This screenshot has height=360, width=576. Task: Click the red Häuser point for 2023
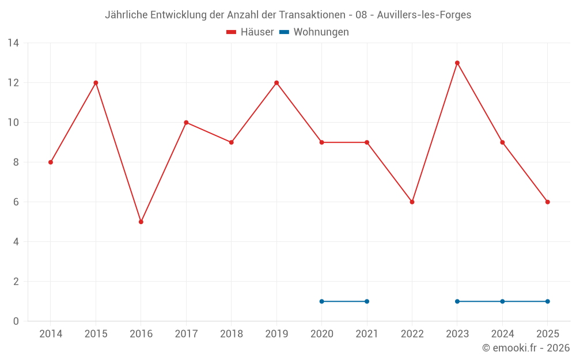pyautogui.click(x=457, y=63)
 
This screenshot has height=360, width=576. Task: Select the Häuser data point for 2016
pyautogui.click(x=141, y=222)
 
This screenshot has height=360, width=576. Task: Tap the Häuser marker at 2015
pyautogui.click(x=96, y=83)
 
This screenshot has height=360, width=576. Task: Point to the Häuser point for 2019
pyautogui.click(x=276, y=83)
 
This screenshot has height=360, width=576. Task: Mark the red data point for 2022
pyautogui.click(x=412, y=202)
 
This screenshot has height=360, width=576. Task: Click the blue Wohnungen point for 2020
pyautogui.click(x=321, y=301)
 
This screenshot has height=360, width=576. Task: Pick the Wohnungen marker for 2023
pyautogui.click(x=457, y=301)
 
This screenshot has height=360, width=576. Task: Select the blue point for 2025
pyautogui.click(x=548, y=301)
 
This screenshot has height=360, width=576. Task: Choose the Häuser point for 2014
pyautogui.click(x=51, y=162)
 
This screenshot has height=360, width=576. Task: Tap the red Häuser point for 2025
pyautogui.click(x=548, y=202)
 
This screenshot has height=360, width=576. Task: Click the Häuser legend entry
pyautogui.click(x=251, y=32)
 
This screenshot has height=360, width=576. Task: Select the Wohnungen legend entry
pyautogui.click(x=314, y=32)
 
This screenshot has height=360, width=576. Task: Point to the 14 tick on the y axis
pyautogui.click(x=13, y=43)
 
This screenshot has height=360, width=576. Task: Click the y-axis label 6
pyautogui.click(x=16, y=202)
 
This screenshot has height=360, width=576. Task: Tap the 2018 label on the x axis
pyautogui.click(x=232, y=334)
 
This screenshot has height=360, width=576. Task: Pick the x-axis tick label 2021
pyautogui.click(x=367, y=334)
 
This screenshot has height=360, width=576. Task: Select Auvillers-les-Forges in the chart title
pyautogui.click(x=424, y=15)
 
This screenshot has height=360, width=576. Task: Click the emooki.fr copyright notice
pyautogui.click(x=525, y=348)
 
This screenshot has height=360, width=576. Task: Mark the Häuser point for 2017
pyautogui.click(x=186, y=123)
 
